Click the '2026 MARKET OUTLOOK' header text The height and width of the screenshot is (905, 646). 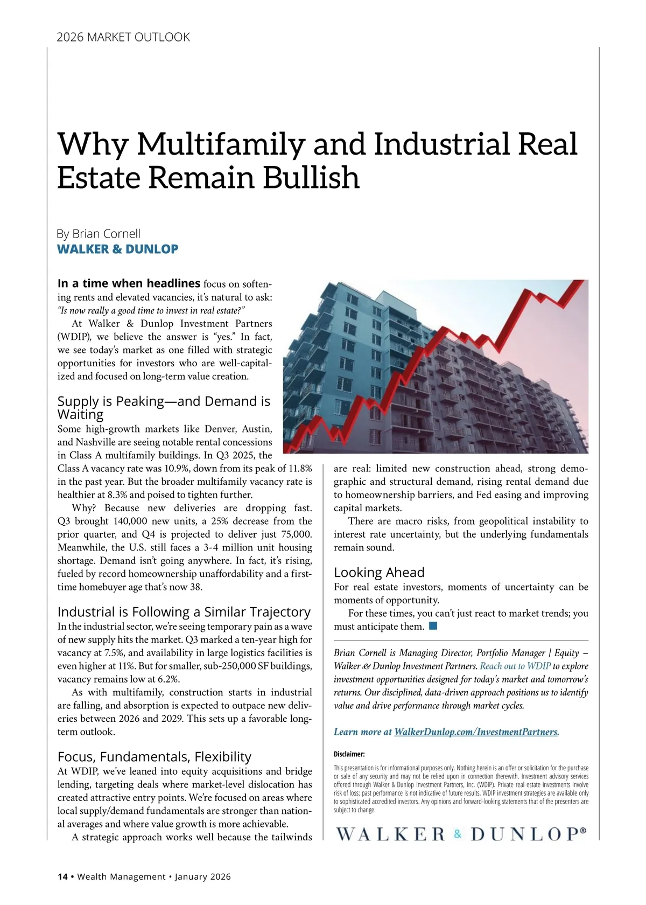(x=123, y=37)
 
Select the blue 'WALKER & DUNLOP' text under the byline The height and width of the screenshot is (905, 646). (x=118, y=249)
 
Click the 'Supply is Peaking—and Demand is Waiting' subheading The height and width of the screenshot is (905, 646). (x=164, y=408)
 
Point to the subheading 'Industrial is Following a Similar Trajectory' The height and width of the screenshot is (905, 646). (x=184, y=612)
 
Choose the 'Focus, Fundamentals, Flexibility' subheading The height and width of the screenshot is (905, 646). (x=155, y=757)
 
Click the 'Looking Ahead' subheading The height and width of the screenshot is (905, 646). (x=379, y=572)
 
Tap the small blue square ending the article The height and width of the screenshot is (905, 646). (x=433, y=626)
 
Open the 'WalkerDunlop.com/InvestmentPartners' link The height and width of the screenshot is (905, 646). (x=476, y=732)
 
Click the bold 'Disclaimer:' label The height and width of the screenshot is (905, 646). (x=349, y=754)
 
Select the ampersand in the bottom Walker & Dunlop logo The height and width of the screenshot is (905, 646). (x=458, y=834)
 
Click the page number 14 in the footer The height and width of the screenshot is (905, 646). (x=62, y=876)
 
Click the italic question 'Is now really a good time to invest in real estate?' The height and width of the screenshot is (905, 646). (x=152, y=310)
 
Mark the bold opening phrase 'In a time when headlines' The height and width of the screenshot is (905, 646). (x=129, y=283)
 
